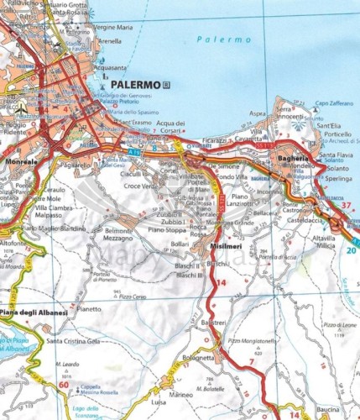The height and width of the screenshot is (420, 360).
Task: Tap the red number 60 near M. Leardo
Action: point(65,384)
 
